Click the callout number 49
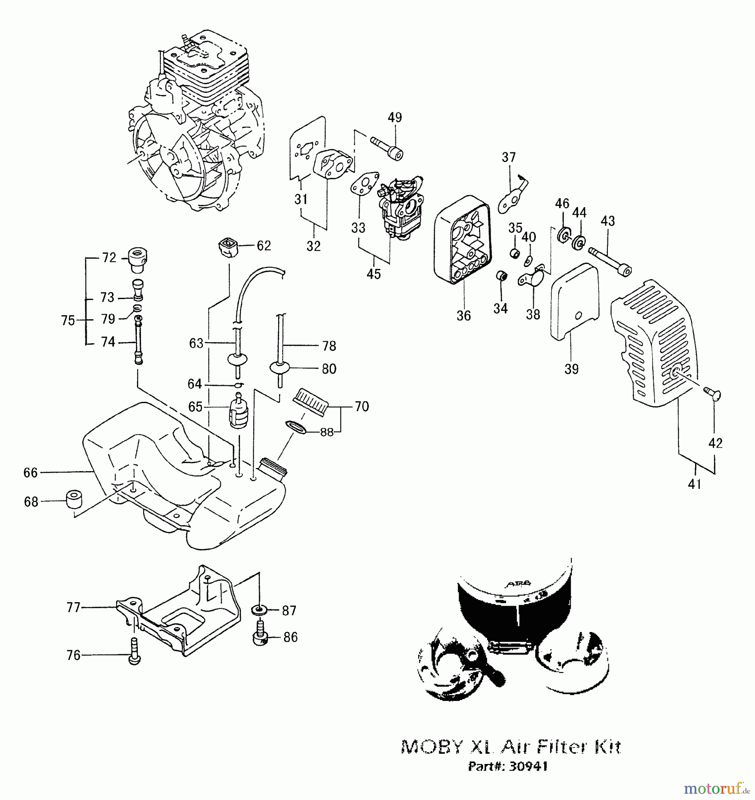[x=395, y=117]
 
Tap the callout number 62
[x=264, y=246]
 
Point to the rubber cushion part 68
[x=74, y=500]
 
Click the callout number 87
[x=289, y=611]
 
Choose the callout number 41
[x=694, y=484]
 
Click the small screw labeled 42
[x=712, y=393]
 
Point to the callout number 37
[x=509, y=157]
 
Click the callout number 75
[x=68, y=320]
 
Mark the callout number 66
[x=31, y=472]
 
